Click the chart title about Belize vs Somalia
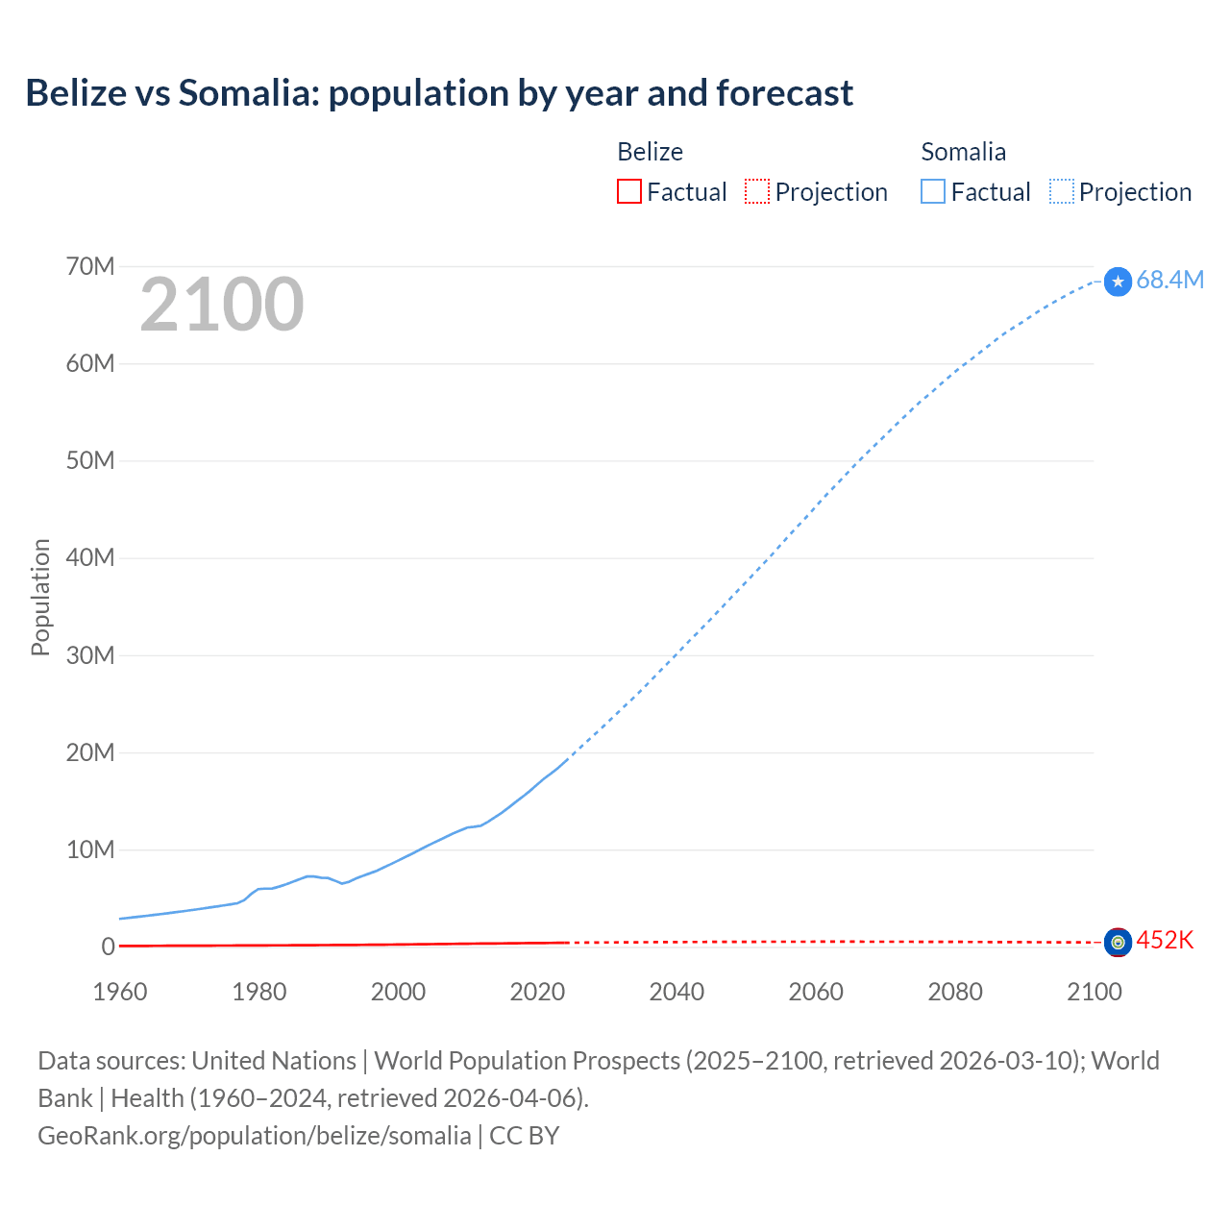439,93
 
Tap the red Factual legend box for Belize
628,191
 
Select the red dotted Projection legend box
757,191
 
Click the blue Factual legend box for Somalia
932,191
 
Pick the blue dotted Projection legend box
1062,191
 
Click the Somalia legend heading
963,152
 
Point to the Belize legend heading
650,152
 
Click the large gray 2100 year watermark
222,305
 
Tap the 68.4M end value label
1169,280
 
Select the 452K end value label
1165,940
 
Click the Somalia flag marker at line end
1118,282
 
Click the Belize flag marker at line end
1118,943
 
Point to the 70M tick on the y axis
90,266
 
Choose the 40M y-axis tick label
90,557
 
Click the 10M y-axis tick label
90,849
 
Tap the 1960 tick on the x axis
120,992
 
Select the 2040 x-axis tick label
676,992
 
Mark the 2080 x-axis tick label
955,992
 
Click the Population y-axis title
40,597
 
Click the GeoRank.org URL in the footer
255,1136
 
